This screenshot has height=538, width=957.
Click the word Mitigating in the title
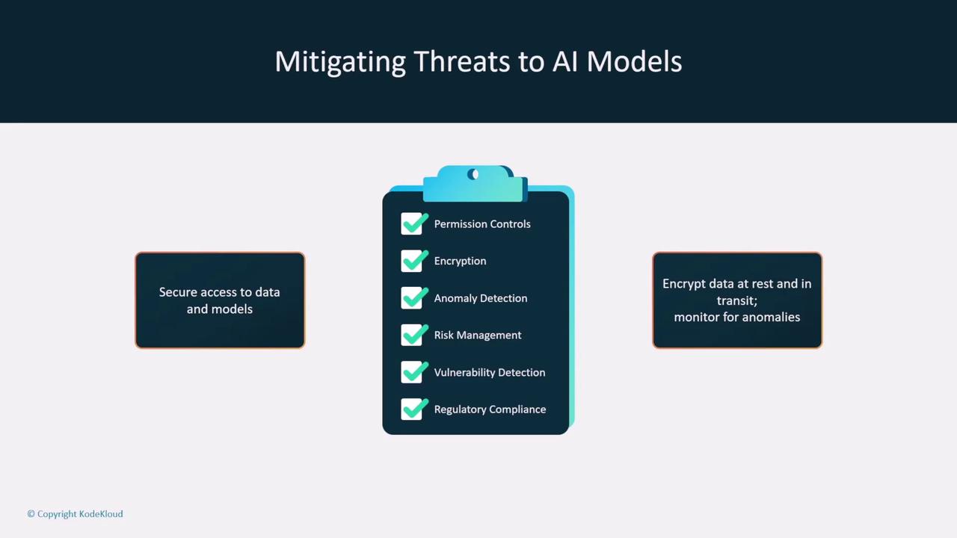pyautogui.click(x=339, y=62)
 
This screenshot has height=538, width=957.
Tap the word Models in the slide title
pyautogui.click(x=634, y=61)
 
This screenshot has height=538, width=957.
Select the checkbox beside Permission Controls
pyautogui.click(x=412, y=223)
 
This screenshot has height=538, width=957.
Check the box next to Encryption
pyautogui.click(x=412, y=261)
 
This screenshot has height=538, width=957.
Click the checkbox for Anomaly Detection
pyautogui.click(x=412, y=297)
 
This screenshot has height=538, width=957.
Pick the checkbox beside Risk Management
pyautogui.click(x=412, y=335)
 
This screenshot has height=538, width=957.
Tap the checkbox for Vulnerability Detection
pyautogui.click(x=412, y=372)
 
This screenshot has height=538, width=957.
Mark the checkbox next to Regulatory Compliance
pyautogui.click(x=412, y=409)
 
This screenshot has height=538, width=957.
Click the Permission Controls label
pyautogui.click(x=482, y=223)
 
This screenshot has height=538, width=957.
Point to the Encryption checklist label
pyautogui.click(x=460, y=262)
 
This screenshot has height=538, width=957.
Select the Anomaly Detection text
pyautogui.click(x=481, y=298)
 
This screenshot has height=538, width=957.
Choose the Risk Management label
pyautogui.click(x=478, y=336)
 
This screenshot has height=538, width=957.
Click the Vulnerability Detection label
pyautogui.click(x=490, y=372)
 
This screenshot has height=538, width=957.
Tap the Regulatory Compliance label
pyautogui.click(x=490, y=409)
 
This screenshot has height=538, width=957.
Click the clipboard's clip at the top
pyautogui.click(x=475, y=184)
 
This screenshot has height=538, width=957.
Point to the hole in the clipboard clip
pyautogui.click(x=473, y=174)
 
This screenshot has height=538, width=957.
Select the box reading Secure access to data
pyautogui.click(x=220, y=300)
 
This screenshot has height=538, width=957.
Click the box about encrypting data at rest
pyautogui.click(x=737, y=300)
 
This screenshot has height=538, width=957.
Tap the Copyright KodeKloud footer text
pyautogui.click(x=76, y=513)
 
